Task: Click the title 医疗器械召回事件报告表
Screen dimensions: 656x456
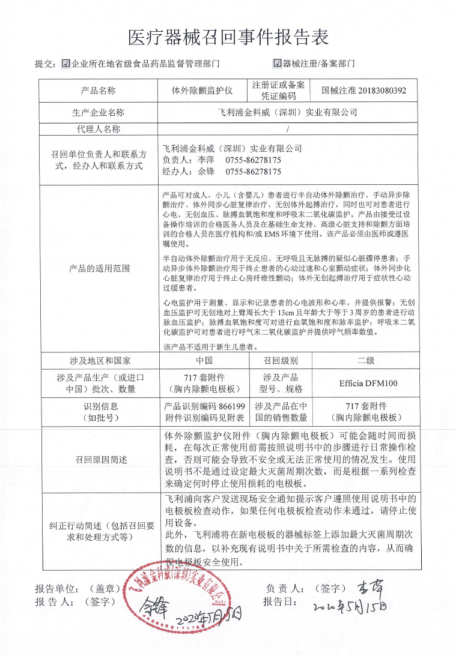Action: (228, 38)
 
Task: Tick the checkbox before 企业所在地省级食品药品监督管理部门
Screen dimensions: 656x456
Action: (66, 63)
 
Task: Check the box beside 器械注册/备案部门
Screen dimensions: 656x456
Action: (277, 63)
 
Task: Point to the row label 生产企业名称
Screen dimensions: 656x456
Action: (98, 112)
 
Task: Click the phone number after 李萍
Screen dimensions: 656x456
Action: (253, 160)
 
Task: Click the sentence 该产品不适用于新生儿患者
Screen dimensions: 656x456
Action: (210, 347)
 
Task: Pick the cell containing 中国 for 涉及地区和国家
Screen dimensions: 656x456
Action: (204, 361)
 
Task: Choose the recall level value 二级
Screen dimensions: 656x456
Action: (366, 361)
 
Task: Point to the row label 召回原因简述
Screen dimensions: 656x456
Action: (98, 459)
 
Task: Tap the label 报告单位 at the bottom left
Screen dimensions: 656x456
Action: (55, 589)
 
